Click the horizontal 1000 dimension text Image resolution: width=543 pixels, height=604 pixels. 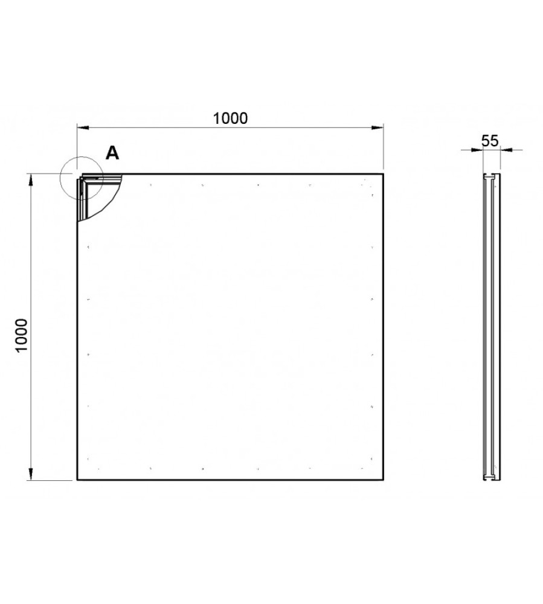pos(230,118)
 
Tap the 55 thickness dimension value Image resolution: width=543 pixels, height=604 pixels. pos(490,141)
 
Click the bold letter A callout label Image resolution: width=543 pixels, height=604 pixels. pos(112,153)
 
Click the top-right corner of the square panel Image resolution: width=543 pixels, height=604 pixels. pos(383,174)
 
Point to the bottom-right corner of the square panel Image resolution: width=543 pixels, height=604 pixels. pos(383,480)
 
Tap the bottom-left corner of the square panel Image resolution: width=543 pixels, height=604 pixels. pos(77,480)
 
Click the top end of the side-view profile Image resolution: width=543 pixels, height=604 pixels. pos(492,176)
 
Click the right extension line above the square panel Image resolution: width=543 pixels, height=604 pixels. pos(384,148)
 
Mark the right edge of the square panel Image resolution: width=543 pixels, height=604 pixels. pos(383,326)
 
